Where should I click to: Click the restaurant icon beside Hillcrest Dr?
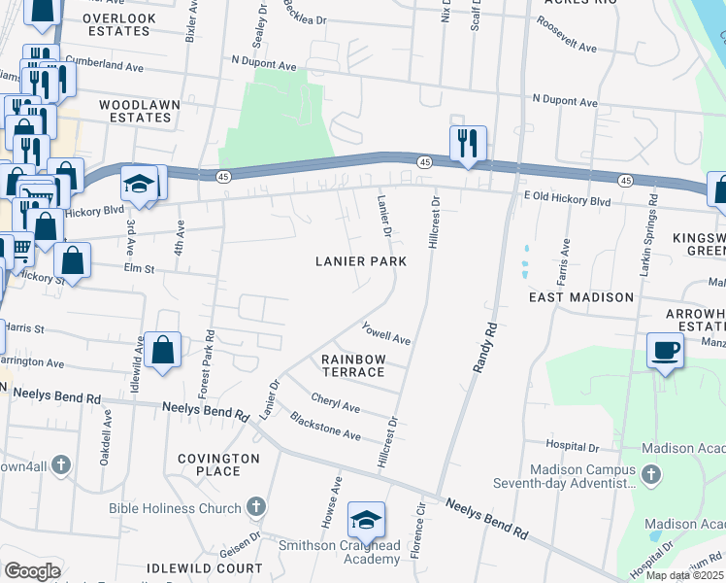(468, 144)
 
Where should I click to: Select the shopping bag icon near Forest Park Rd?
(164, 350)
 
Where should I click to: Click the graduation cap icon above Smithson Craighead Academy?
(366, 519)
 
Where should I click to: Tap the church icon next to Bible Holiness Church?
(255, 507)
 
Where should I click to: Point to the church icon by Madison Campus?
(651, 475)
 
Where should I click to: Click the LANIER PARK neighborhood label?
(360, 261)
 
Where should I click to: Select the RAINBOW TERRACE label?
(354, 366)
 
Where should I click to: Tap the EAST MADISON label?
(581, 297)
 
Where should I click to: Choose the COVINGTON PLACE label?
(219, 464)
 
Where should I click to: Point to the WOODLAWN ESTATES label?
(135, 110)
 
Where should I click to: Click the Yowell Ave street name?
(387, 334)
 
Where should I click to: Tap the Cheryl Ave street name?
(336, 402)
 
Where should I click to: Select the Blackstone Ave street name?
(326, 428)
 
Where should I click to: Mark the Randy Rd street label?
(484, 347)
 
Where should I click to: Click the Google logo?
(32, 570)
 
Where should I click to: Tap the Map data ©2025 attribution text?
(684, 575)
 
